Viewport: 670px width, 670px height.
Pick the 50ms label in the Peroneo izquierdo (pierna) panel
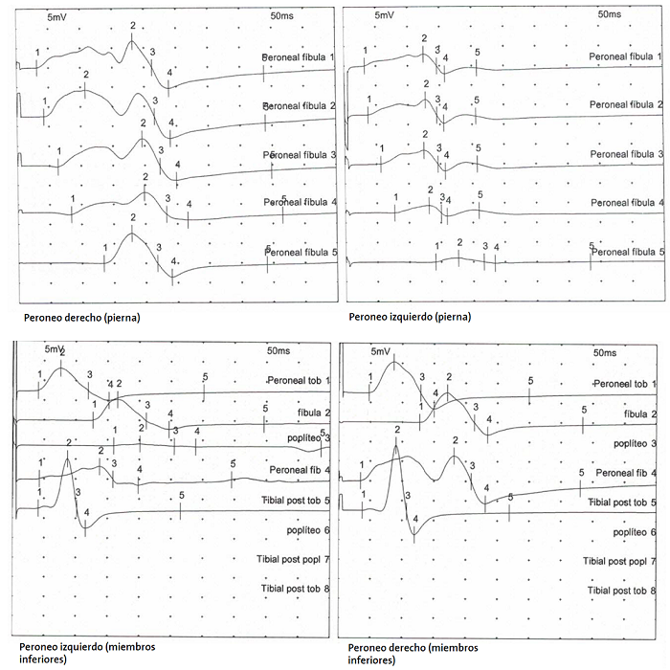tap(609, 14)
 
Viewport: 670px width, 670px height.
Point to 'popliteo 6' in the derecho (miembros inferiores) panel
tap(634, 531)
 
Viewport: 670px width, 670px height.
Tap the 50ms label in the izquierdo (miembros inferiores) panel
tap(280, 352)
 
